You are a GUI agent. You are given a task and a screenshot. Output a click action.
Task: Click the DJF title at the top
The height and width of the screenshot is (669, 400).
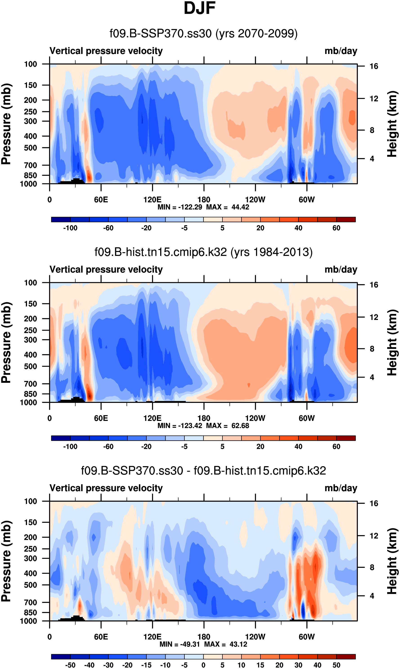(x=200, y=8)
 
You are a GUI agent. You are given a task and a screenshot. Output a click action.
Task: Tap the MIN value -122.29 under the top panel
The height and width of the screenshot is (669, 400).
(x=190, y=207)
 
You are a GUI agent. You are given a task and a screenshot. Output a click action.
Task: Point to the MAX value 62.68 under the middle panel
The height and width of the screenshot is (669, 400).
(x=240, y=425)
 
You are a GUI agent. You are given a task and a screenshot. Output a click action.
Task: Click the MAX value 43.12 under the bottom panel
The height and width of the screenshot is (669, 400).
(x=238, y=644)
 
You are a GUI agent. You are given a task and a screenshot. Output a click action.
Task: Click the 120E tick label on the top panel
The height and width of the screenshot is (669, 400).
(x=152, y=200)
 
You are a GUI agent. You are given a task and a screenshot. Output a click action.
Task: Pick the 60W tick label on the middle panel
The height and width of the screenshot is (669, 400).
(x=306, y=418)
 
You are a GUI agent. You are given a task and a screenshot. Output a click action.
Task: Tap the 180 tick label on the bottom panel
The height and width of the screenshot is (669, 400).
(x=204, y=637)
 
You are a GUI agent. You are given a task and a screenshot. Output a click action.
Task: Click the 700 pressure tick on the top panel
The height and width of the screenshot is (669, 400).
(x=30, y=165)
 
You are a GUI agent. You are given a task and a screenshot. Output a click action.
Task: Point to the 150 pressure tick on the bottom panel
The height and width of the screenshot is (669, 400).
(x=30, y=522)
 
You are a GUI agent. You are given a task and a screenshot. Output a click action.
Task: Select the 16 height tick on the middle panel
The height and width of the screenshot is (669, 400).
(x=374, y=285)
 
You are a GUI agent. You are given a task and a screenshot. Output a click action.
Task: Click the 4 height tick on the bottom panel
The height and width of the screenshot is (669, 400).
(x=372, y=596)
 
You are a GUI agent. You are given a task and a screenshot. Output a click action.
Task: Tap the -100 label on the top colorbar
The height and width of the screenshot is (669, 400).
(x=70, y=228)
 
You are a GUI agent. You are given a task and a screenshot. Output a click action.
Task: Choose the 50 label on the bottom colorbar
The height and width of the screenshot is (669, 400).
(x=336, y=665)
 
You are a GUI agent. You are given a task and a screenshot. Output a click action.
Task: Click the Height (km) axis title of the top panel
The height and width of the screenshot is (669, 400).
(x=392, y=124)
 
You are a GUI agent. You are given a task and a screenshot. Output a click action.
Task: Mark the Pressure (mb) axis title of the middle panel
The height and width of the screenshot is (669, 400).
(x=6, y=342)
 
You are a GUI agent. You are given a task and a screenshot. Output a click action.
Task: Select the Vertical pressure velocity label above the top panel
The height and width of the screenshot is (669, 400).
(x=106, y=51)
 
